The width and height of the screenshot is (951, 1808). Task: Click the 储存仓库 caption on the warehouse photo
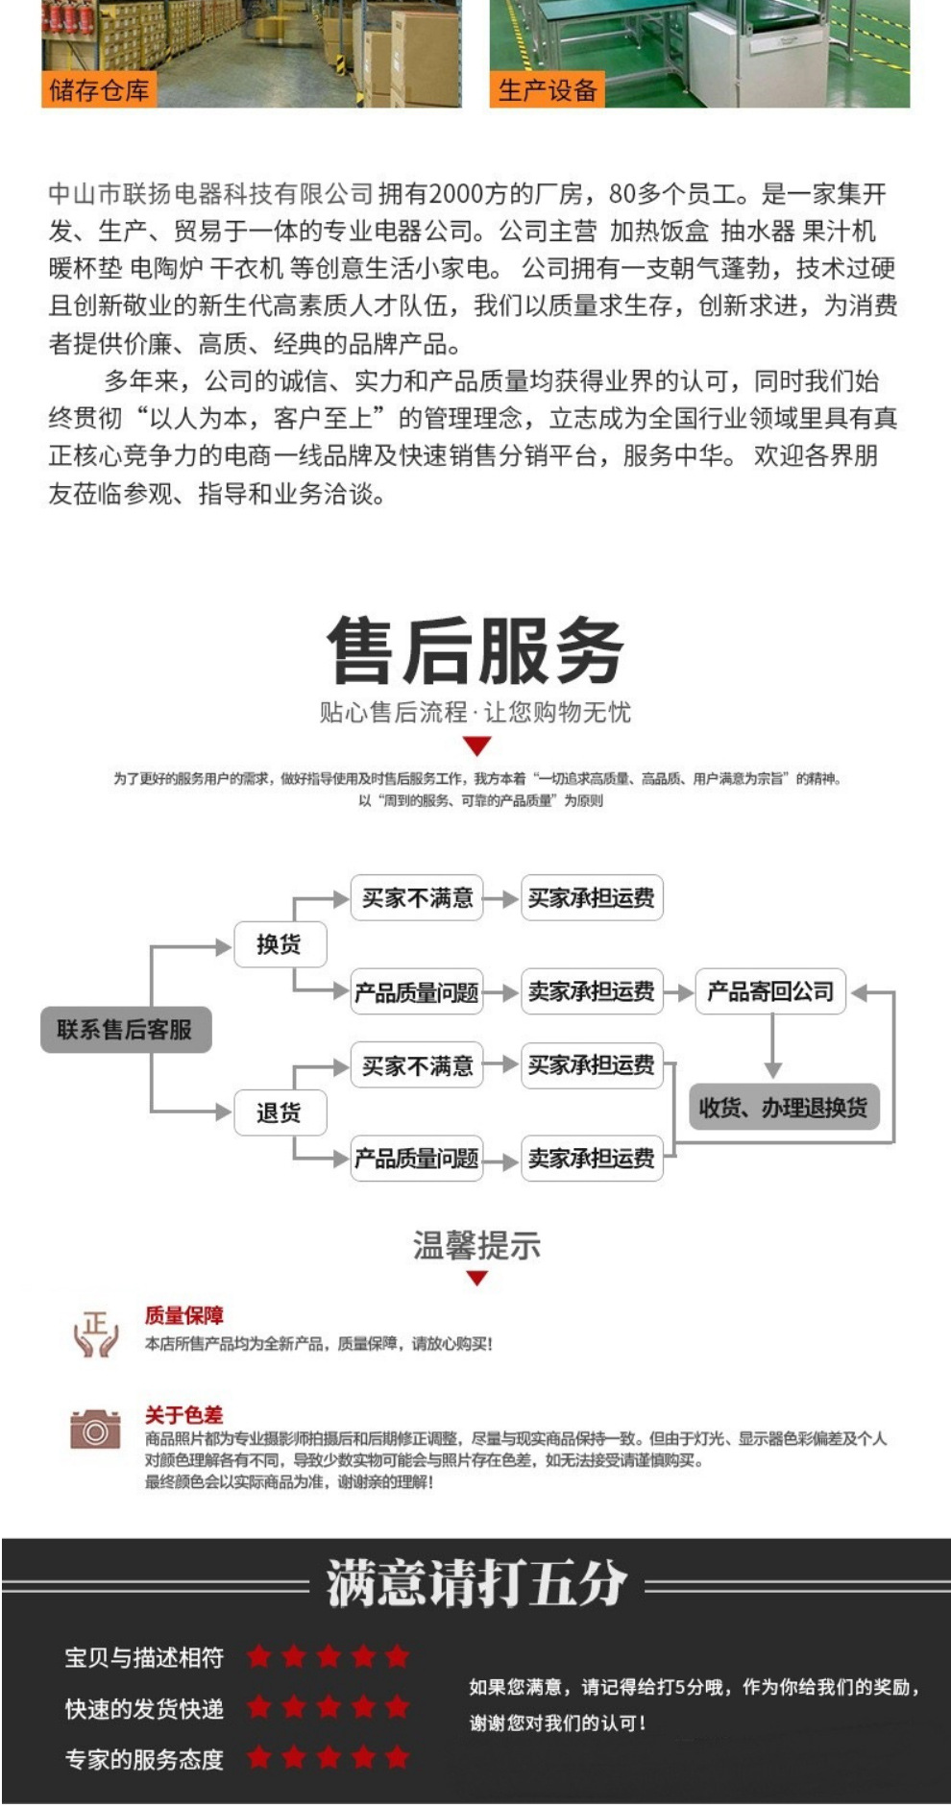pyautogui.click(x=99, y=91)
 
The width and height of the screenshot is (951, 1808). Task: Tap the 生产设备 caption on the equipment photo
pyautogui.click(x=548, y=91)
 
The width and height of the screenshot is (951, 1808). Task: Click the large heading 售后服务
pyautogui.click(x=475, y=651)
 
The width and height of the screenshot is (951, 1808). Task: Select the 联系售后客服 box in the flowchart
pyautogui.click(x=125, y=1030)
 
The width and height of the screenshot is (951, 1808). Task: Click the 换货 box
pyautogui.click(x=280, y=944)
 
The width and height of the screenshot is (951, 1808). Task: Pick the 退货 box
pyautogui.click(x=280, y=1112)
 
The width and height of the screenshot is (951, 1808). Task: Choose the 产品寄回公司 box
pyautogui.click(x=770, y=991)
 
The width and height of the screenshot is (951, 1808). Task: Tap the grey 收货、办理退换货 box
pyautogui.click(x=783, y=1107)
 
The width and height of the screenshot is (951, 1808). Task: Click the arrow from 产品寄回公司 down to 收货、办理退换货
pyautogui.click(x=772, y=1047)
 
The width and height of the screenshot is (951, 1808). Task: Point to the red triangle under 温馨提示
pyautogui.click(x=477, y=1279)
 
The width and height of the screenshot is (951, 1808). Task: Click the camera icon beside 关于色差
pyautogui.click(x=95, y=1429)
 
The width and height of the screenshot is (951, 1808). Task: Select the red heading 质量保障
pyautogui.click(x=183, y=1315)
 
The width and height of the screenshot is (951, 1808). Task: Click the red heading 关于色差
pyautogui.click(x=183, y=1414)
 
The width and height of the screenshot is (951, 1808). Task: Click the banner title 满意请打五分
pyautogui.click(x=476, y=1583)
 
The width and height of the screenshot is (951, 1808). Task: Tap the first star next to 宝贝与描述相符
pyautogui.click(x=258, y=1656)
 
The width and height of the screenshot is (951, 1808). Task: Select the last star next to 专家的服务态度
pyautogui.click(x=397, y=1758)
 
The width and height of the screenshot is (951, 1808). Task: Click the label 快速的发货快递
pyautogui.click(x=144, y=1709)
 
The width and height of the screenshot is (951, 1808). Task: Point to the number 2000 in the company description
pyautogui.click(x=456, y=194)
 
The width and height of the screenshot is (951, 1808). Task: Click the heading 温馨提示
pyautogui.click(x=476, y=1246)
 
